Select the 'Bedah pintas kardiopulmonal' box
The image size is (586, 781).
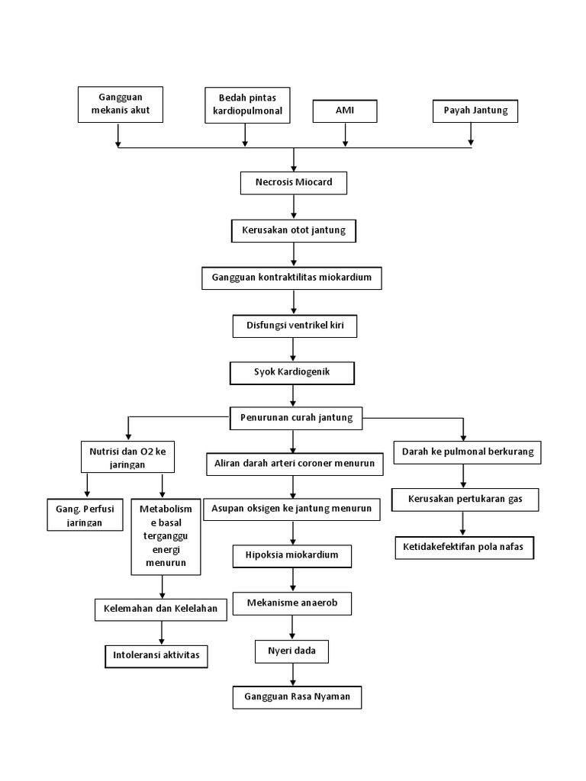(245, 104)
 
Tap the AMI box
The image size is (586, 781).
(345, 111)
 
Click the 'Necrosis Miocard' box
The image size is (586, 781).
(294, 184)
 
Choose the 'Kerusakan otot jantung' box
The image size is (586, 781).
(294, 230)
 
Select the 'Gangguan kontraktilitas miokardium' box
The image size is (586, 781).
(291, 278)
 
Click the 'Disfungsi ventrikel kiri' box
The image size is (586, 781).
(294, 326)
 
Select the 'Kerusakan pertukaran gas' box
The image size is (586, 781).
(465, 500)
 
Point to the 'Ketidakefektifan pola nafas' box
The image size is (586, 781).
(464, 548)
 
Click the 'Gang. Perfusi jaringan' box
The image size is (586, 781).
(85, 515)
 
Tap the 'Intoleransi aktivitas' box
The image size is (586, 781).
(156, 655)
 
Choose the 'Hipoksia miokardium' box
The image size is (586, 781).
(293, 556)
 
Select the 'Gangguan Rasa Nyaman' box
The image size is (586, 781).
(297, 698)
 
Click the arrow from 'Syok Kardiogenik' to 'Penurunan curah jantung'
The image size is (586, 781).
(293, 396)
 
